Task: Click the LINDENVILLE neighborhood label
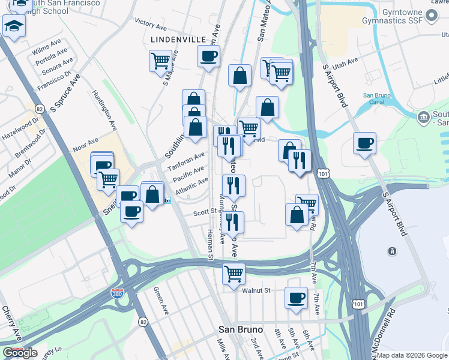[x=174, y=39]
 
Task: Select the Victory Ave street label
[x=151, y=25]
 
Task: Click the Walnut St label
[x=257, y=290]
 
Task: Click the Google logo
[x=20, y=353]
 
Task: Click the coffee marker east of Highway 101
[x=364, y=143]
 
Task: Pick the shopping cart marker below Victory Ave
[x=160, y=61]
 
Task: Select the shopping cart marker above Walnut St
[x=234, y=273]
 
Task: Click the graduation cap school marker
[x=13, y=26]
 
